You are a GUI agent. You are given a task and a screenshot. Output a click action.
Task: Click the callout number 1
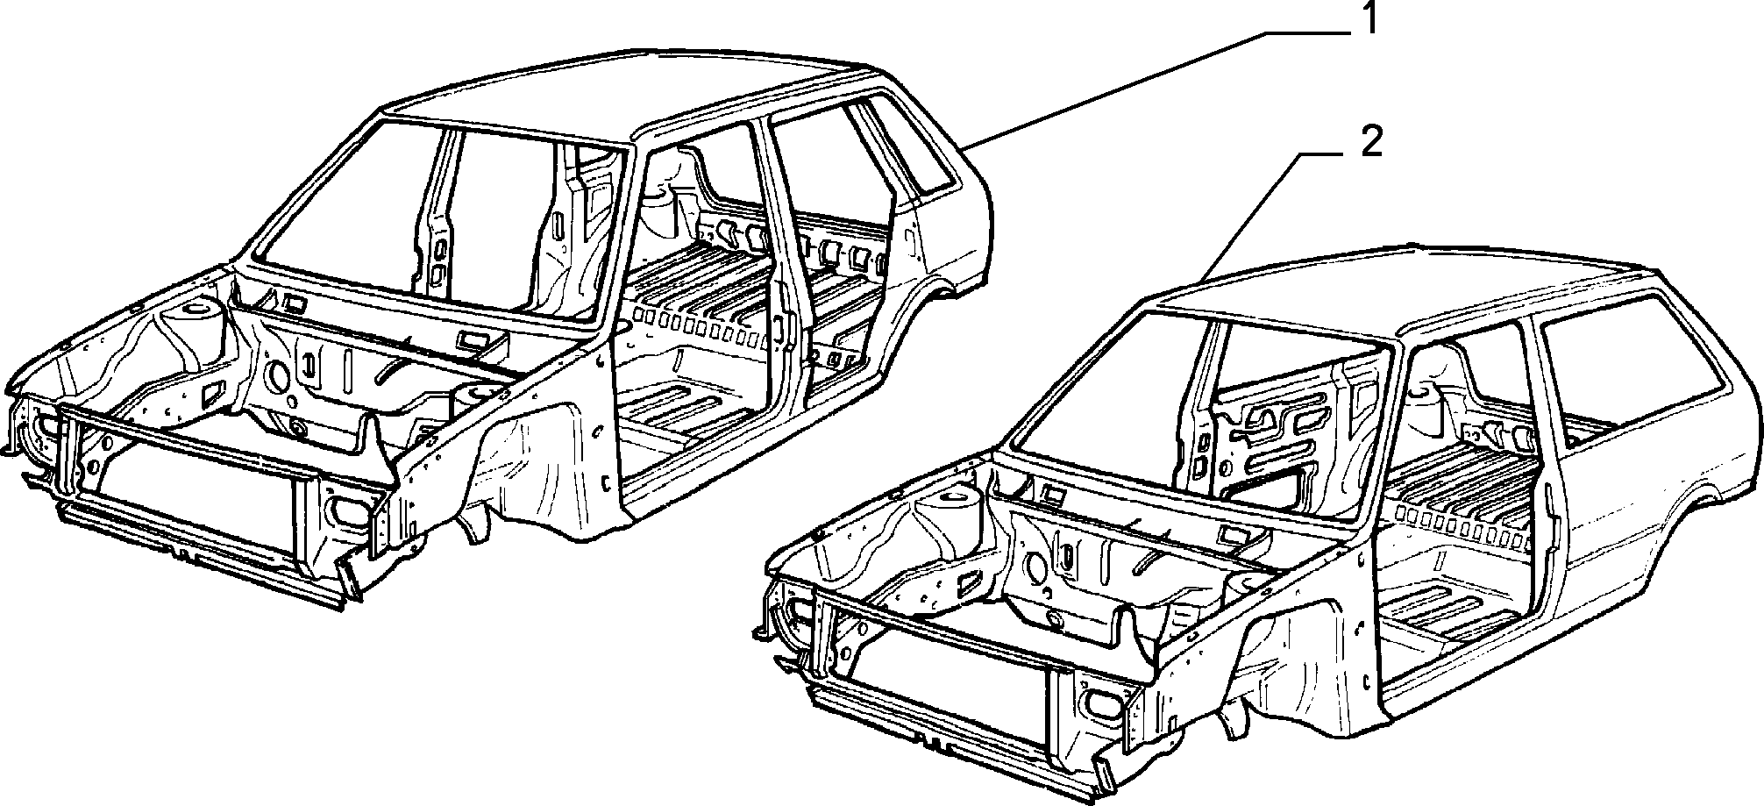click(1368, 19)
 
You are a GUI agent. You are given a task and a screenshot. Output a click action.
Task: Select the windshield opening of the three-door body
click(1201, 412)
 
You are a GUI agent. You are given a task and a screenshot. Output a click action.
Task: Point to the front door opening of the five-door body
click(693, 325)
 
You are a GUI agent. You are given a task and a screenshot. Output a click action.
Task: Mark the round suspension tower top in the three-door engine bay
click(954, 500)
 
